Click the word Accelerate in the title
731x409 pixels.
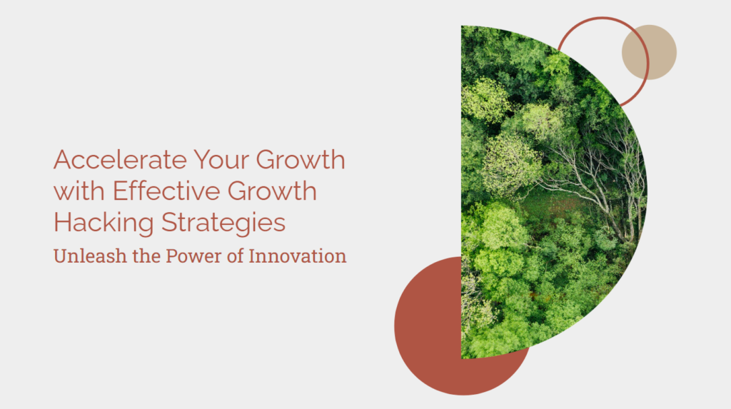pos(120,159)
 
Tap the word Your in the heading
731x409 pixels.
pos(221,160)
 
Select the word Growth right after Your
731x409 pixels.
pos(301,159)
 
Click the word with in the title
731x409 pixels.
pos(79,191)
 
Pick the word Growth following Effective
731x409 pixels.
pos(272,191)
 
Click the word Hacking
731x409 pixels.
pos(104,223)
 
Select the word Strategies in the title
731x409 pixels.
pos(223,223)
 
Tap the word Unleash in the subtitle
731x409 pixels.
pos(90,256)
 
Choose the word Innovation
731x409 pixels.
pos(298,256)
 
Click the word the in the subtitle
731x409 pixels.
pos(146,256)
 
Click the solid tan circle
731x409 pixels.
pos(649,52)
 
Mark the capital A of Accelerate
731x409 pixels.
pos(62,160)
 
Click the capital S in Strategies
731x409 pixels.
pos(169,223)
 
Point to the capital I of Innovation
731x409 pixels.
pos(252,256)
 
